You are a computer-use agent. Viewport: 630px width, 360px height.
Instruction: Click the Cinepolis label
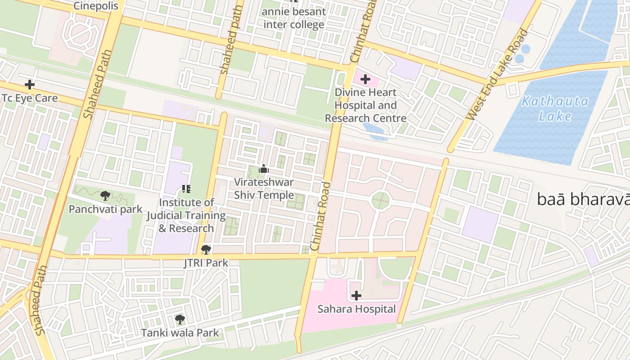coord(95,6)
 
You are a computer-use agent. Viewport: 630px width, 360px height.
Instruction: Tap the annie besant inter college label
coord(294,18)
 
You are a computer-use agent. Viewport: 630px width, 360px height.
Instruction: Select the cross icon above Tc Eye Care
coord(30,84)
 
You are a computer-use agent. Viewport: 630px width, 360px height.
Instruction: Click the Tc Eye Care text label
coord(30,98)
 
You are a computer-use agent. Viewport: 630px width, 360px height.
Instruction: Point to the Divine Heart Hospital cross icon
coord(365,80)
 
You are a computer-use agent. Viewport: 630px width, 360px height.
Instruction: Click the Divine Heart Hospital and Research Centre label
coord(365,105)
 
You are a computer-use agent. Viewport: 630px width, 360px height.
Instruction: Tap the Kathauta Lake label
coord(554,108)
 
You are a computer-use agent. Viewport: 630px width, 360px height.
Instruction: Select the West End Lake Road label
coord(497,75)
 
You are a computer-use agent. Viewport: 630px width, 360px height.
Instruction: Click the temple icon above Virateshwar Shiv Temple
coord(264,169)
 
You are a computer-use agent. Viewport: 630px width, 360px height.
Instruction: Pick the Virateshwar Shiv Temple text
coord(264,189)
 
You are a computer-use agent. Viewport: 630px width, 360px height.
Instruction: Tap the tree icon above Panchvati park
coord(105,195)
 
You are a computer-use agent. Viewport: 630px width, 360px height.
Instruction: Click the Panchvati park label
coord(105,209)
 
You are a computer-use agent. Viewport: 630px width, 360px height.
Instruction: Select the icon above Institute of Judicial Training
coord(186,189)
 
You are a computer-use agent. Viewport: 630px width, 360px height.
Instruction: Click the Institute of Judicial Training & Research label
coord(186,216)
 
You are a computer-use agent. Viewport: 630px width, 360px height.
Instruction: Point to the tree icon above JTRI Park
coord(206,249)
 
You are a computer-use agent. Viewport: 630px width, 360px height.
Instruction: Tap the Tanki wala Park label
coord(180,333)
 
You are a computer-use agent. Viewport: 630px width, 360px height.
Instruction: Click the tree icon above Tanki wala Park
coord(180,319)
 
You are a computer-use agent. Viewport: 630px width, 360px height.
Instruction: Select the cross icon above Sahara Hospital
coord(356,296)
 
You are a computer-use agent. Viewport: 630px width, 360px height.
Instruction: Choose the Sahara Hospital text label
coord(356,309)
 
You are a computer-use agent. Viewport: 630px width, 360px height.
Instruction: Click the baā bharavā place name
coord(583,199)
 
